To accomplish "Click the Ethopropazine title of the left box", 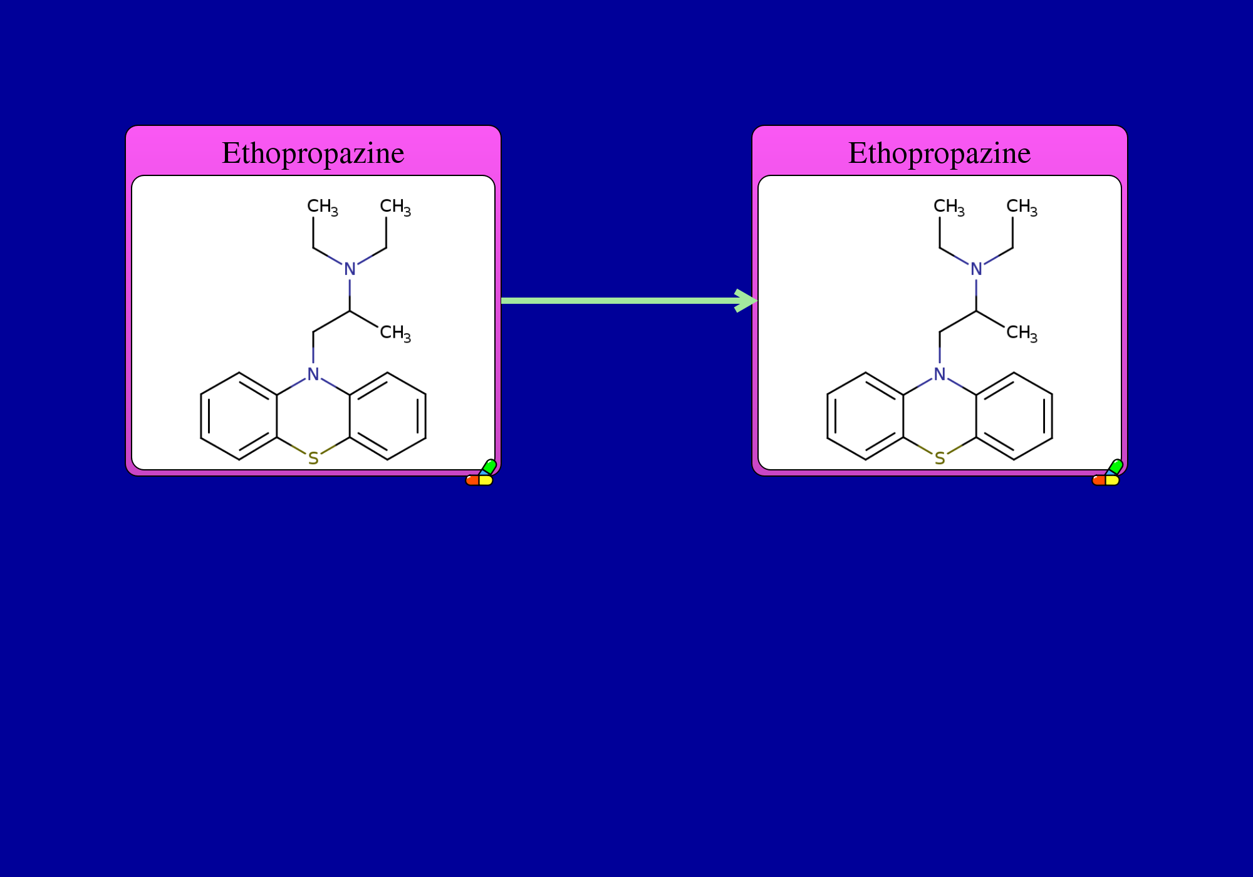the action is click(x=313, y=153).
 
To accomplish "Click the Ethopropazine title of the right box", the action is click(x=940, y=153).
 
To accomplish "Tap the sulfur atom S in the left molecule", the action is click(x=313, y=459).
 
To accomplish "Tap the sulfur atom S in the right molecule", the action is click(x=940, y=459).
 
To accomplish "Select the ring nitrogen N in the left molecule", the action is click(x=313, y=374).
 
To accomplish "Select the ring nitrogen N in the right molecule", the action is click(x=940, y=374).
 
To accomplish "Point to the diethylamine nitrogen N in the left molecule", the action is click(x=350, y=269).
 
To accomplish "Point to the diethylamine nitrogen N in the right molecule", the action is click(x=976, y=269).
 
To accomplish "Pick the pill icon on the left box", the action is click(x=481, y=474).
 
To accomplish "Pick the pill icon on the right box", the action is click(x=1108, y=474).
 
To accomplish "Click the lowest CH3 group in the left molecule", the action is click(x=395, y=333).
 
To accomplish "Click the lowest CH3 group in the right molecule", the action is click(x=1022, y=333).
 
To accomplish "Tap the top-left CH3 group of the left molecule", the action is click(x=323, y=207).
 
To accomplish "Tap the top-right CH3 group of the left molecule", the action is click(x=395, y=207).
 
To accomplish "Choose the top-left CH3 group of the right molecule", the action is click(x=949, y=207).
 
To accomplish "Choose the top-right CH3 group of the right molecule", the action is click(x=1022, y=207).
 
